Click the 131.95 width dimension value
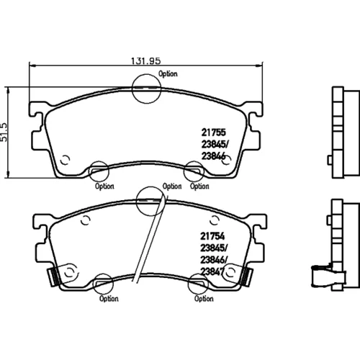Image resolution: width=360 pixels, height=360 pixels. pyautogui.click(x=145, y=60)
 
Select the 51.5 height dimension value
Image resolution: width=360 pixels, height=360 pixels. pyautogui.click(x=4, y=132)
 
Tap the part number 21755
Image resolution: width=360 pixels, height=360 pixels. pyautogui.click(x=214, y=132)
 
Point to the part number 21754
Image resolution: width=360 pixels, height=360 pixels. pyautogui.click(x=212, y=236)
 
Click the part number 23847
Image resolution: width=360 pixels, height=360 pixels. pyautogui.click(x=212, y=271)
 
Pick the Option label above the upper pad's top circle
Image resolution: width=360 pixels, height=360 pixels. pyautogui.click(x=168, y=73)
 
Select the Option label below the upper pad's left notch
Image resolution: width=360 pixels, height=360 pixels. pyautogui.click(x=104, y=186)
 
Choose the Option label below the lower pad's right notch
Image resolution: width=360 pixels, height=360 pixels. pyautogui.click(x=204, y=299)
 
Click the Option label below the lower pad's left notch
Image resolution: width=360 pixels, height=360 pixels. pyautogui.click(x=109, y=299)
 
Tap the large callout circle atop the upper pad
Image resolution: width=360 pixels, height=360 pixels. pyautogui.click(x=146, y=74)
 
